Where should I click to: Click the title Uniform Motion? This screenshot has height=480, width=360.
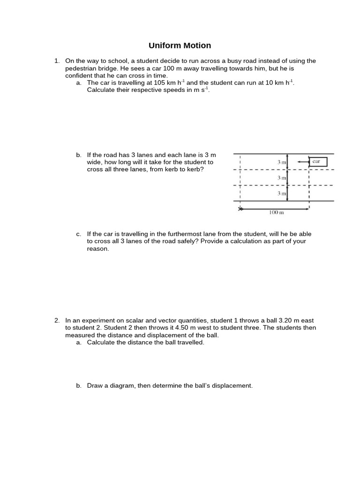tap(180, 45)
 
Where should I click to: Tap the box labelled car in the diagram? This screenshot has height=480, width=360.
tap(317, 162)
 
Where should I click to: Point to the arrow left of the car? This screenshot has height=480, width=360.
tap(302, 162)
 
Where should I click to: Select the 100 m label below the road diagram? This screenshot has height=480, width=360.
tap(276, 212)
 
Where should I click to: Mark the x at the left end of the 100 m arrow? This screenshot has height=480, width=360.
tap(240, 209)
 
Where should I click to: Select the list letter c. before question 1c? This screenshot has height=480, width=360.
tap(78, 234)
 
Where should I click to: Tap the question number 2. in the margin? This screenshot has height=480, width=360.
tap(57, 320)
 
